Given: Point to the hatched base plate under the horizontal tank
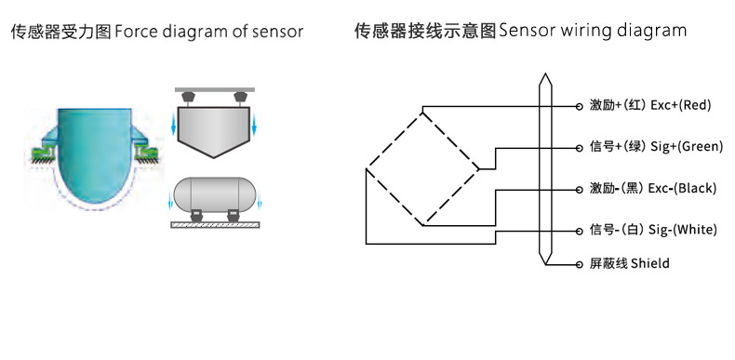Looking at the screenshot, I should (216, 225).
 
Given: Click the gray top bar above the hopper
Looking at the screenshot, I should (216, 89).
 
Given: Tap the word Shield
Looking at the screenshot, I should (649, 264).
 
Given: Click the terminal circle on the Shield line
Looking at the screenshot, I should (578, 264).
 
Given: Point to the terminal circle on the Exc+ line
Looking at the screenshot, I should (579, 106).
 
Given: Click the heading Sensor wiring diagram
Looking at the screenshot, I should (593, 32).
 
